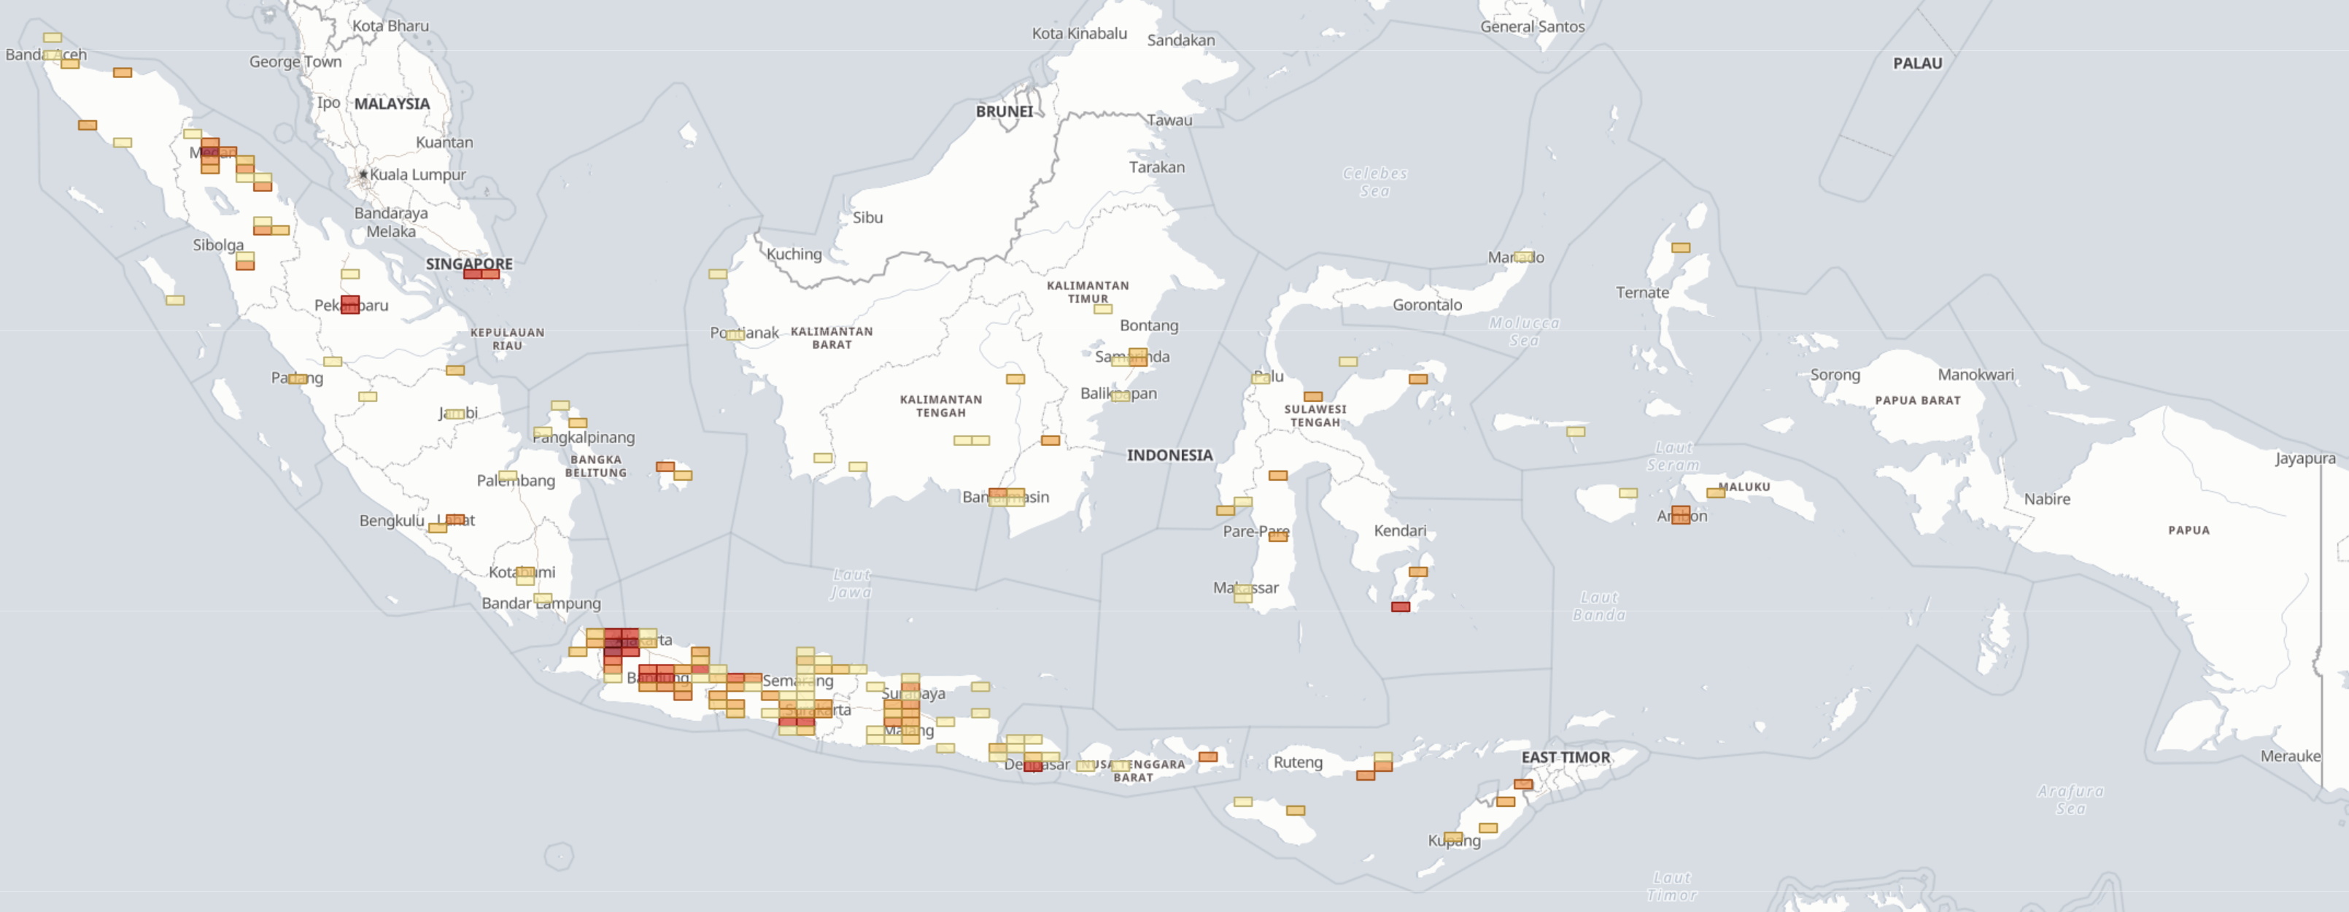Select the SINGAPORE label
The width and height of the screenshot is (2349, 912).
(x=468, y=263)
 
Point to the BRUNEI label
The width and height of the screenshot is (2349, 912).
(x=1004, y=111)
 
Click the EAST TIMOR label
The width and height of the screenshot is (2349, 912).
(x=1565, y=757)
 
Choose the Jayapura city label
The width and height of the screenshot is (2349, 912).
(x=2305, y=458)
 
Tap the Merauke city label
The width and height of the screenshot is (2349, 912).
(x=2290, y=756)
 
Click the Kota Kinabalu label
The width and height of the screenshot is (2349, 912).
(x=1079, y=34)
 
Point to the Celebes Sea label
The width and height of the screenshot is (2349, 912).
(x=1374, y=182)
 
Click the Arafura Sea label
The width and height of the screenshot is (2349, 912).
(x=2070, y=800)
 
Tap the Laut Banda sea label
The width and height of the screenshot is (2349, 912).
(x=1598, y=606)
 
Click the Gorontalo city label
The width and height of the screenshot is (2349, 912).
(x=1426, y=305)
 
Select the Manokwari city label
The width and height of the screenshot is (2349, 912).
(x=1975, y=375)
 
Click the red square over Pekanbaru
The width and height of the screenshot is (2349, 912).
(x=350, y=305)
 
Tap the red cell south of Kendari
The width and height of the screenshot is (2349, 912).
(x=1401, y=606)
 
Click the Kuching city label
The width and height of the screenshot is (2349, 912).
(x=794, y=255)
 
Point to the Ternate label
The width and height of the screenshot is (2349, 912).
(x=1641, y=293)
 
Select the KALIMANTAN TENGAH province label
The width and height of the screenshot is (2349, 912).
(x=940, y=406)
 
